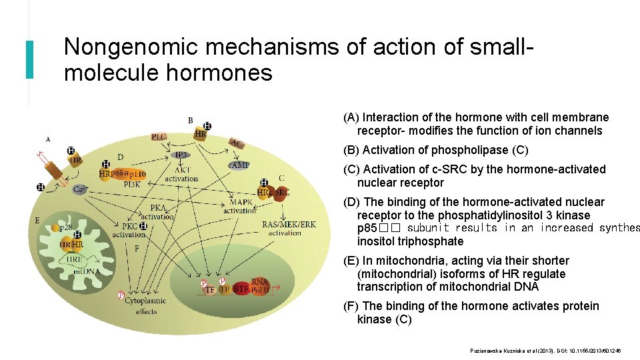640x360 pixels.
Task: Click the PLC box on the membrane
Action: (159, 136)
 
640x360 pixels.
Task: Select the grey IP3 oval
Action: (181, 155)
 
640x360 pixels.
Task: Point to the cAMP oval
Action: (238, 164)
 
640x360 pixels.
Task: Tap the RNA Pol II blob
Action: (260, 285)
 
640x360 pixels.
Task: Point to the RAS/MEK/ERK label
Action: (289, 225)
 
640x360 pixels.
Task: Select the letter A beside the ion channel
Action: (48, 139)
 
